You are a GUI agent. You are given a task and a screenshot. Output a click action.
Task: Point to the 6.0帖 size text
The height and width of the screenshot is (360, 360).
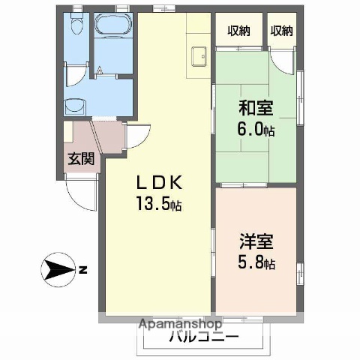click(256, 128)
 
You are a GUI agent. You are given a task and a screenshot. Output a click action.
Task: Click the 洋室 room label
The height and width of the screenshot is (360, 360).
click(256, 243)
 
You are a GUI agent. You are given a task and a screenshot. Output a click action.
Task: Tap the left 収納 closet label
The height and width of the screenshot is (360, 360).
click(239, 31)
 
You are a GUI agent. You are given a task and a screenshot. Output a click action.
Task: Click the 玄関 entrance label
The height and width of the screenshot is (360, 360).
click(81, 158)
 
